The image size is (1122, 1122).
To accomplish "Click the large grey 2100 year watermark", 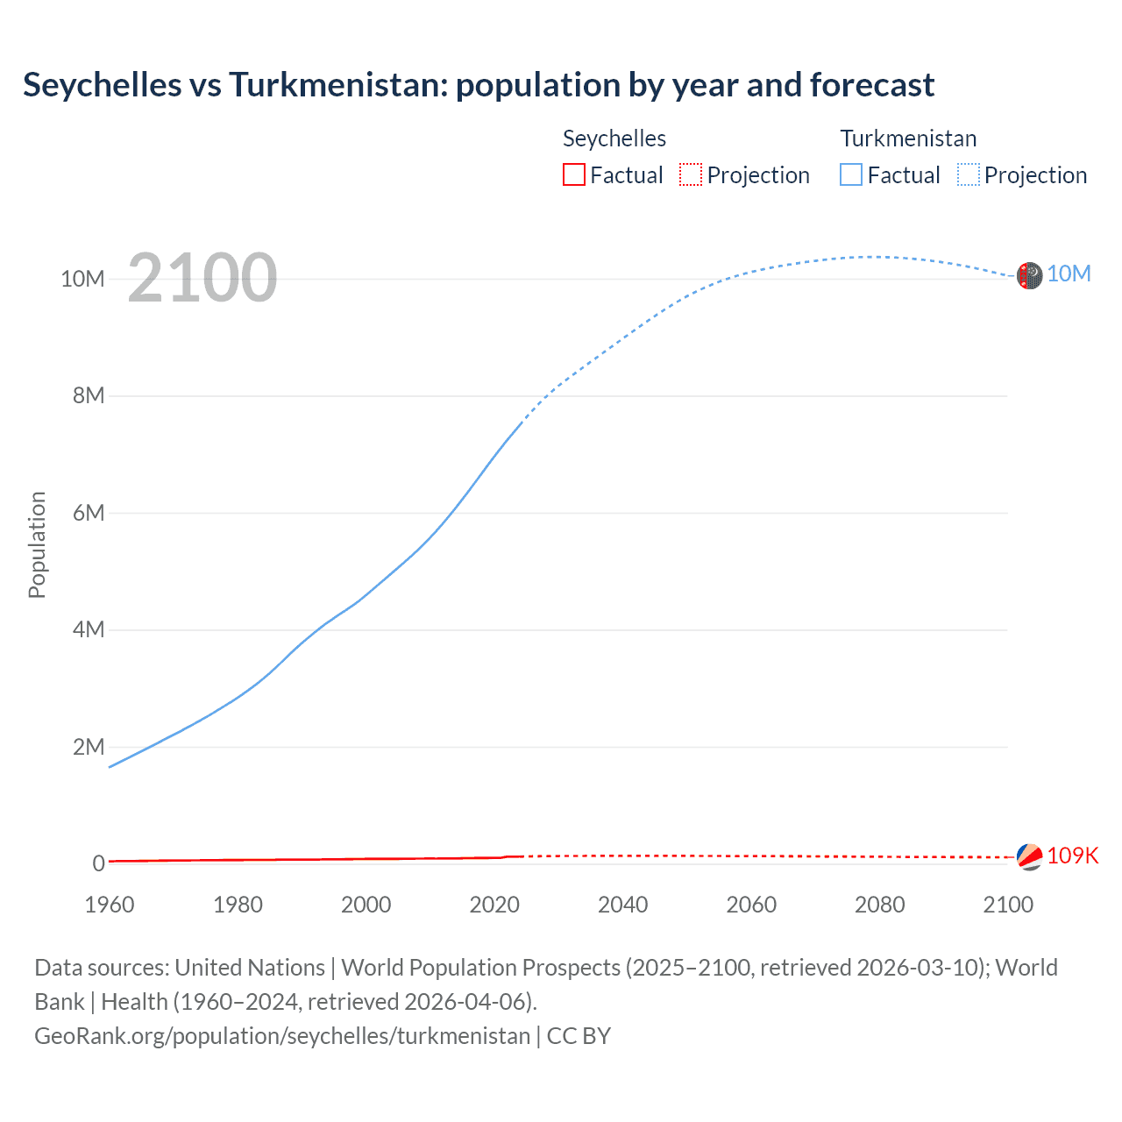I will coord(202,279).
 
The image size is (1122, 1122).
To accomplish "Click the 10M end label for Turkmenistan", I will coord(1069,274).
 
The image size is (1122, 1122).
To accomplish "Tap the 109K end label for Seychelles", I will coord(1072,856).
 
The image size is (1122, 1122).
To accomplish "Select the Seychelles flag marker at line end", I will coord(1029,856).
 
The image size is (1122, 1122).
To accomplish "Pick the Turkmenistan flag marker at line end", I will coord(1029,275).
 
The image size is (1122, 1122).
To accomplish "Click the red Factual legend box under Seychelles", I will coord(573,174).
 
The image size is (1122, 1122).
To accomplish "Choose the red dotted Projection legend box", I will coord(691,174).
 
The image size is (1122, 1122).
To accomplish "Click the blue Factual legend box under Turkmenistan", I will coord(851,174).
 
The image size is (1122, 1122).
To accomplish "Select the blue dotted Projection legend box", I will coord(969,174).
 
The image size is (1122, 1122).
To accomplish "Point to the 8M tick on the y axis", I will coord(89,395).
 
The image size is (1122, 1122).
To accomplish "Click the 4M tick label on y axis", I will coord(89,629).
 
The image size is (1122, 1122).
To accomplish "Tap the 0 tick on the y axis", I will coord(98,863).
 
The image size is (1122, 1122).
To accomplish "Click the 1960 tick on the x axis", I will coord(110,905).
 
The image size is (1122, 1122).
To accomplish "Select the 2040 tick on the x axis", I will coord(623,905).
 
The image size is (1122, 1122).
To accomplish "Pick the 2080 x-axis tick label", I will coord(879,905).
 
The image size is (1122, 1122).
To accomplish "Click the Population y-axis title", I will coord(37,544).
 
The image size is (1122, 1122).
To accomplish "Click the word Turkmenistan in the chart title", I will coord(337,85).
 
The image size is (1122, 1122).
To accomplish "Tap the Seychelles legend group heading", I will coord(614,138).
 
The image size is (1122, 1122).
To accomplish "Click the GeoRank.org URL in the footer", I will coord(282,1036).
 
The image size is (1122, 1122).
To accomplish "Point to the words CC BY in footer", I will coord(579,1036).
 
